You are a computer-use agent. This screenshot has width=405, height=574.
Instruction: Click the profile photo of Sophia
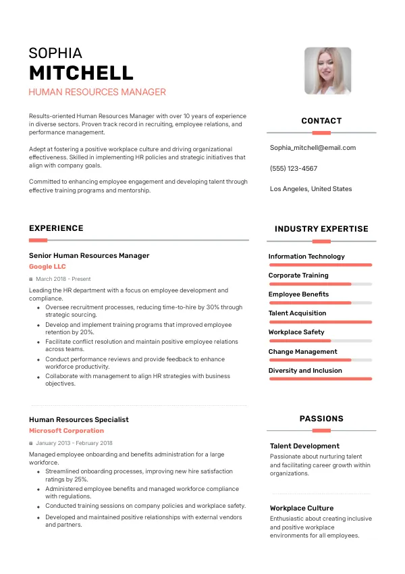pos(327,71)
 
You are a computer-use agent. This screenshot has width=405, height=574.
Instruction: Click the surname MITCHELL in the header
pos(81,73)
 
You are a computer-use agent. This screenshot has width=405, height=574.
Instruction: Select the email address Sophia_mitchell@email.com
pos(313,148)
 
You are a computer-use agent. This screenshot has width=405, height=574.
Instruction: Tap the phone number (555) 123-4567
pos(293,169)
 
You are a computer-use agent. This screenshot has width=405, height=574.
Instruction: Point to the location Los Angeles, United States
pos(310,189)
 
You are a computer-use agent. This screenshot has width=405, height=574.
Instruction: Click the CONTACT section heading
pos(321,122)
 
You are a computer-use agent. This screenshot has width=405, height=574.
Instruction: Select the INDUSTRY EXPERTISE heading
pos(321,229)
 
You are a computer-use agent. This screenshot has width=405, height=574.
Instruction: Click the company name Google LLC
pos(47,267)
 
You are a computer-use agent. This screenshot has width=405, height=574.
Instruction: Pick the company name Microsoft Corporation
pos(66,431)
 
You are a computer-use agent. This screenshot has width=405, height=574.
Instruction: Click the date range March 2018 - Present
pos(63,279)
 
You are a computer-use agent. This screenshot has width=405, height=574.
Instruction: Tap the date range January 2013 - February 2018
pos(74,443)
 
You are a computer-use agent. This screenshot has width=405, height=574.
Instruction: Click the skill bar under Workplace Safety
pos(320,341)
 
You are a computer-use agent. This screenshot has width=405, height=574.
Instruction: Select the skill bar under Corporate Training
pos(320,284)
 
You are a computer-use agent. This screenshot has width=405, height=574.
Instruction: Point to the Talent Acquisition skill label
pos(297,313)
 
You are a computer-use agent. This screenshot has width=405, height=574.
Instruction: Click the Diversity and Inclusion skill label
pos(305,371)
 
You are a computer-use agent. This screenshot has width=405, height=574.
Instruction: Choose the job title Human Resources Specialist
pos(78,420)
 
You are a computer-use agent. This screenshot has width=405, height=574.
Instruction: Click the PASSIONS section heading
pos(321,419)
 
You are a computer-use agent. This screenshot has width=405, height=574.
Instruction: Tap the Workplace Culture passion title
pos(302,508)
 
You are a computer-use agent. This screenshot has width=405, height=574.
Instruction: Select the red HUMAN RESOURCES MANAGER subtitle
pos(97,93)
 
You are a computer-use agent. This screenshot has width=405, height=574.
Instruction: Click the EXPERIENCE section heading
pos(56,229)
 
